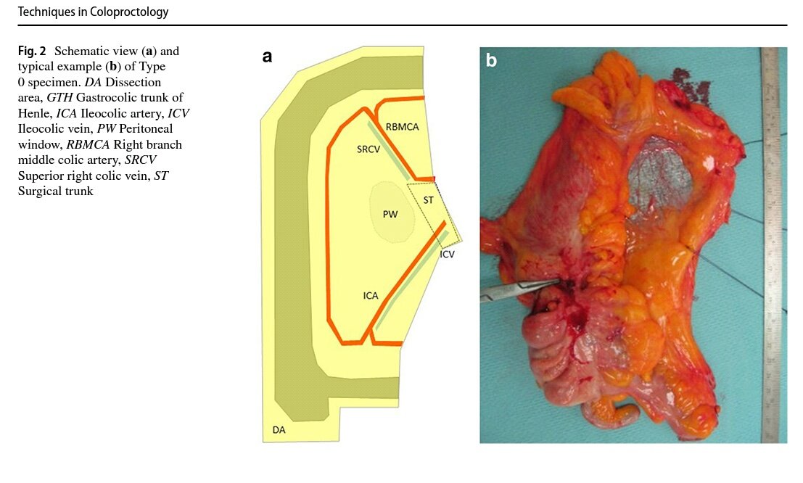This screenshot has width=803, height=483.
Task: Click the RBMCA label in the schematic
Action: tap(403, 126)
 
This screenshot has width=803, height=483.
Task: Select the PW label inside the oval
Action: tap(391, 215)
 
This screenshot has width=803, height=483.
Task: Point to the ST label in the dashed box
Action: tap(428, 199)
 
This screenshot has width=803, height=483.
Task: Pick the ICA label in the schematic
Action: tap(370, 296)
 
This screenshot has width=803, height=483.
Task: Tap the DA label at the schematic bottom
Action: tap(279, 431)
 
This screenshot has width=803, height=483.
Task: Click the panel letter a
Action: tap(267, 57)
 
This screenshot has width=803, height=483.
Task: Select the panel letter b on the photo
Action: tap(491, 61)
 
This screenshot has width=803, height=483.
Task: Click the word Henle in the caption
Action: tap(34, 114)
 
